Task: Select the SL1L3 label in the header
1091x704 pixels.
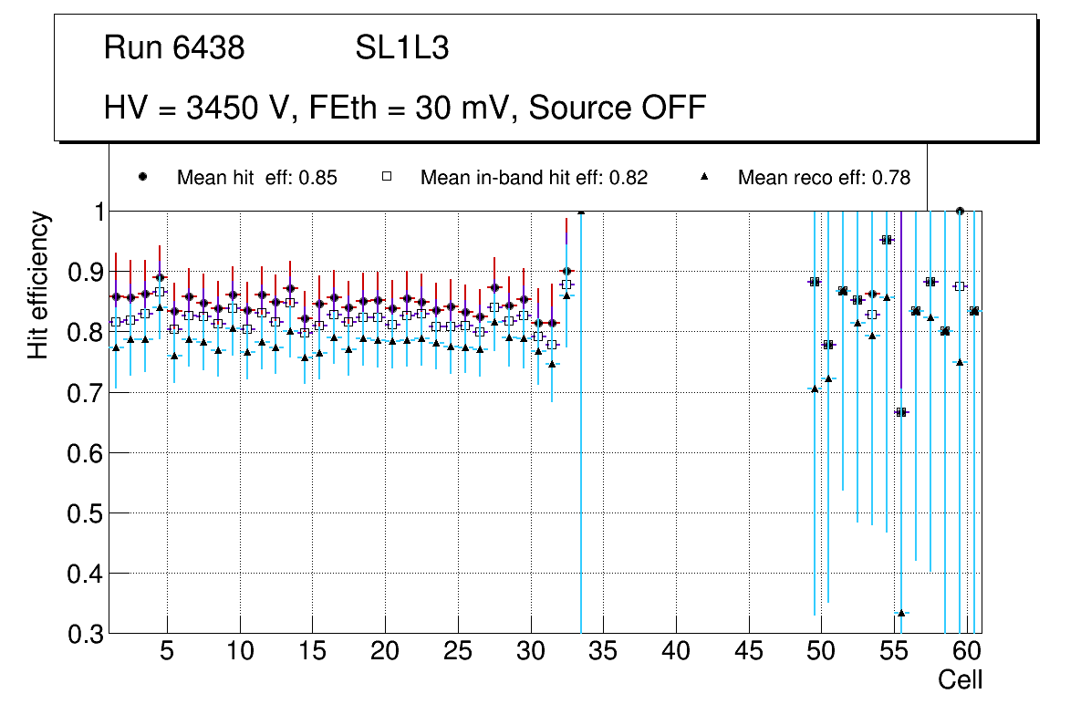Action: (x=401, y=48)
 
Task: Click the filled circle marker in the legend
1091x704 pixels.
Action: (x=143, y=177)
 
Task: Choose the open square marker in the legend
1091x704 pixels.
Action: (x=387, y=177)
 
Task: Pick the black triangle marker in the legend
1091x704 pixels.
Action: (x=705, y=177)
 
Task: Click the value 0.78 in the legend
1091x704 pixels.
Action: (x=892, y=178)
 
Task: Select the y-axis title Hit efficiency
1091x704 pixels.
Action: (x=37, y=285)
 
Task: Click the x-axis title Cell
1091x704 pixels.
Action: (x=961, y=679)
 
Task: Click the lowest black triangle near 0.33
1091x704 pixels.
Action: (x=901, y=613)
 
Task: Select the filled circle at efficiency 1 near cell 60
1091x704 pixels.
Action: (x=960, y=211)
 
